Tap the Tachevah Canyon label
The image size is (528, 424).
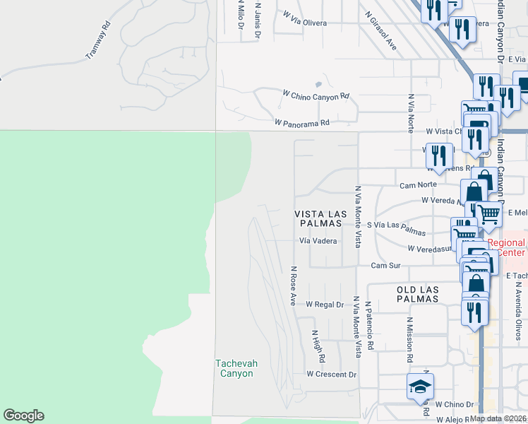coord(236,368)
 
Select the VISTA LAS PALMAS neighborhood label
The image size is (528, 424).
coord(318,218)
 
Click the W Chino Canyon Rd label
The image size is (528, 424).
coord(316,95)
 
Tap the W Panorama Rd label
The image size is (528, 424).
coord(301,122)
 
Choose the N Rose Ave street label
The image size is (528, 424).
coord(292,285)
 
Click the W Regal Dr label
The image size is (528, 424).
coord(324,305)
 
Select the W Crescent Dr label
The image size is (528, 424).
coord(332,374)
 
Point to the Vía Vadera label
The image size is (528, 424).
coord(317,240)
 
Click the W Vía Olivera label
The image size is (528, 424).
coord(305,23)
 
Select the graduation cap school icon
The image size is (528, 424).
coord(420,387)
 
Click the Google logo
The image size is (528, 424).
coord(23,416)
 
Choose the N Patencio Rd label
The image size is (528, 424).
coord(369,326)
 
